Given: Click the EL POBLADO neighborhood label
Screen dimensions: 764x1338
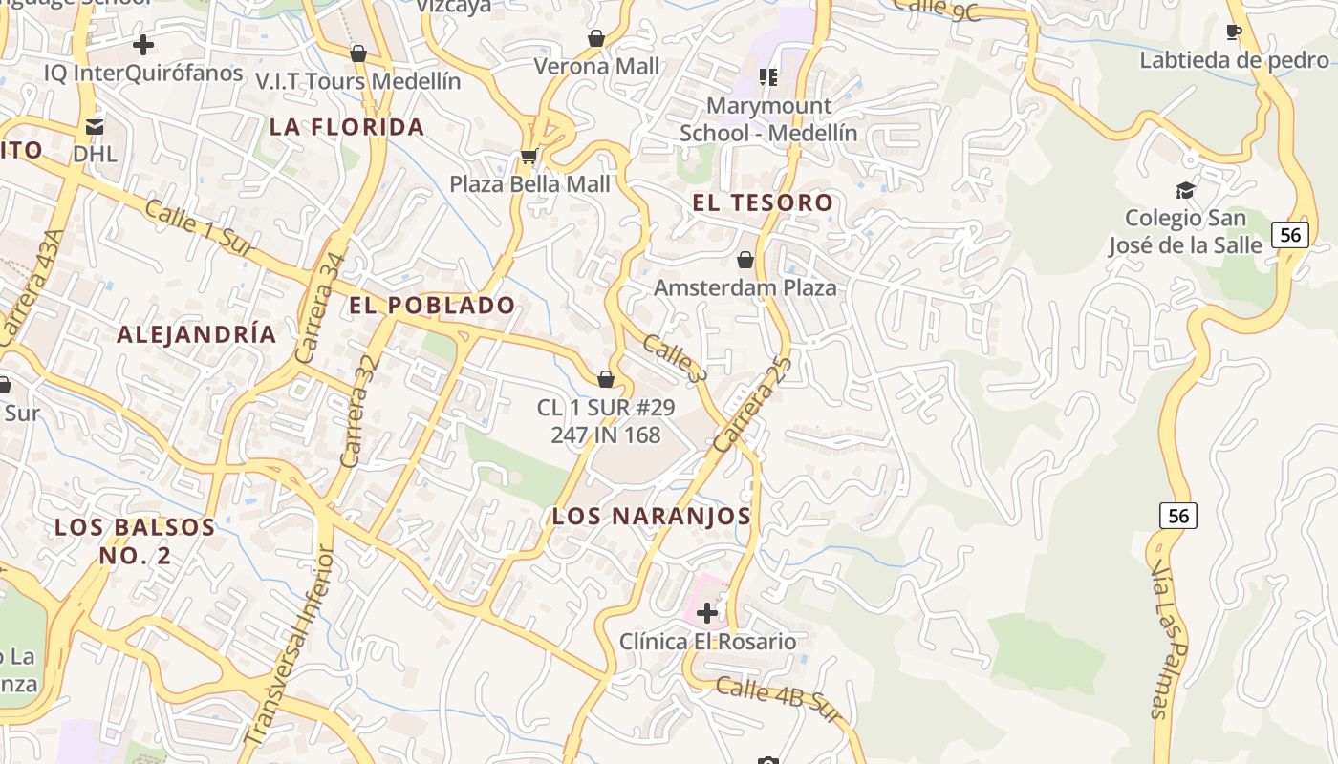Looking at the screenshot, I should coord(432,306).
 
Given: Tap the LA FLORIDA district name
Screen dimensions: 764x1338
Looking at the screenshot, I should coord(347,127).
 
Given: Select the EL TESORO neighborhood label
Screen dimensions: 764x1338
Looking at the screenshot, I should coord(763,202).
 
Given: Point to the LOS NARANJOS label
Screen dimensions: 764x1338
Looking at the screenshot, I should coord(652,517).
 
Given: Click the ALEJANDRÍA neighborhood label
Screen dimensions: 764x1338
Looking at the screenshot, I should coord(197,334).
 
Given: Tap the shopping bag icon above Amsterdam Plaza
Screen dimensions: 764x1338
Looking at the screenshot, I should coord(745,260).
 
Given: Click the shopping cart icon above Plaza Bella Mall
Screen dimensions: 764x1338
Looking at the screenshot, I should coord(529,156).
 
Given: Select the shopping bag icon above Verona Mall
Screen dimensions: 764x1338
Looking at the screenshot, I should coord(596,38).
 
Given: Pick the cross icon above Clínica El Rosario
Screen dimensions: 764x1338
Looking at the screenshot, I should coord(707,612).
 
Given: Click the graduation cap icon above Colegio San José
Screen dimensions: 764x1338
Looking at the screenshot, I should coord(1185,190).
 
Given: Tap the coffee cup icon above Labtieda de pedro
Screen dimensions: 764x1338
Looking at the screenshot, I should coord(1234,32).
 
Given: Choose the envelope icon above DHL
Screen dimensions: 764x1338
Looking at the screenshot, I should coord(95,126).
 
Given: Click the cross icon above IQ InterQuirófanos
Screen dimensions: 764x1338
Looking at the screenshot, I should coord(143,45).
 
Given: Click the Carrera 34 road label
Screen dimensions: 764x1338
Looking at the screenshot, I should coord(320,308).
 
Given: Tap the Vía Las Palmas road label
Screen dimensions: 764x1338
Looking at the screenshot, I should coord(1160,640).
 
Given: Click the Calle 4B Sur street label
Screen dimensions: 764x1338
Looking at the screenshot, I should coord(777,694).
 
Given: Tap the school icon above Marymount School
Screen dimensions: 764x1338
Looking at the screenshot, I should coord(768,77).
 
